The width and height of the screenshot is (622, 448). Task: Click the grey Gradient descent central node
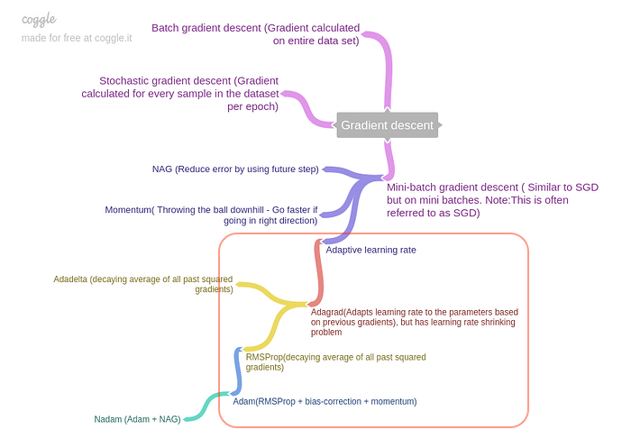tap(387, 125)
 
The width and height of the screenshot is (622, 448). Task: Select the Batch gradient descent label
tap(255, 34)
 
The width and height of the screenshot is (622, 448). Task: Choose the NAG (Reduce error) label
tap(235, 169)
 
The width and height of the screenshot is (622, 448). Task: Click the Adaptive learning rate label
tap(370, 249)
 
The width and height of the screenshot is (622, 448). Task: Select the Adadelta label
tap(143, 284)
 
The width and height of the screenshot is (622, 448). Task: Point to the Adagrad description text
tap(414, 322)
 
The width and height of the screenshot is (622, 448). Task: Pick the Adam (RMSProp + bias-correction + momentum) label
tap(325, 400)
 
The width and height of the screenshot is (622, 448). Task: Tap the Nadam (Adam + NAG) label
tap(137, 419)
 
